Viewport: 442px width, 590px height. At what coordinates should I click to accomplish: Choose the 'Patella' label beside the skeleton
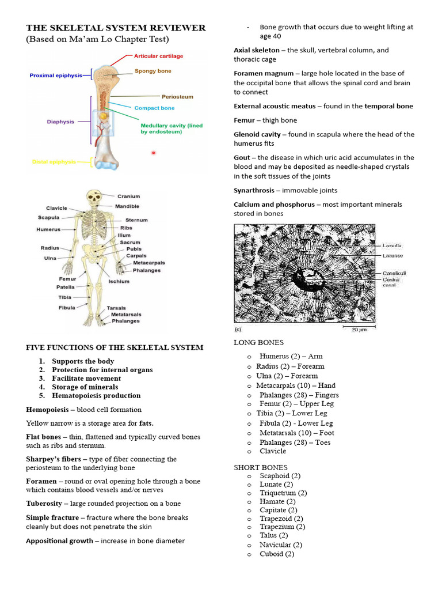pos(65,287)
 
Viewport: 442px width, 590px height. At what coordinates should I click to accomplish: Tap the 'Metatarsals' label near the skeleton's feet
pos(126,315)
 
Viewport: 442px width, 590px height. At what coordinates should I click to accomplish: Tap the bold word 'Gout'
pos(242,157)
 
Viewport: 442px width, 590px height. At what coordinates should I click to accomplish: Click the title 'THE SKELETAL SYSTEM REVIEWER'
pos(116,28)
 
